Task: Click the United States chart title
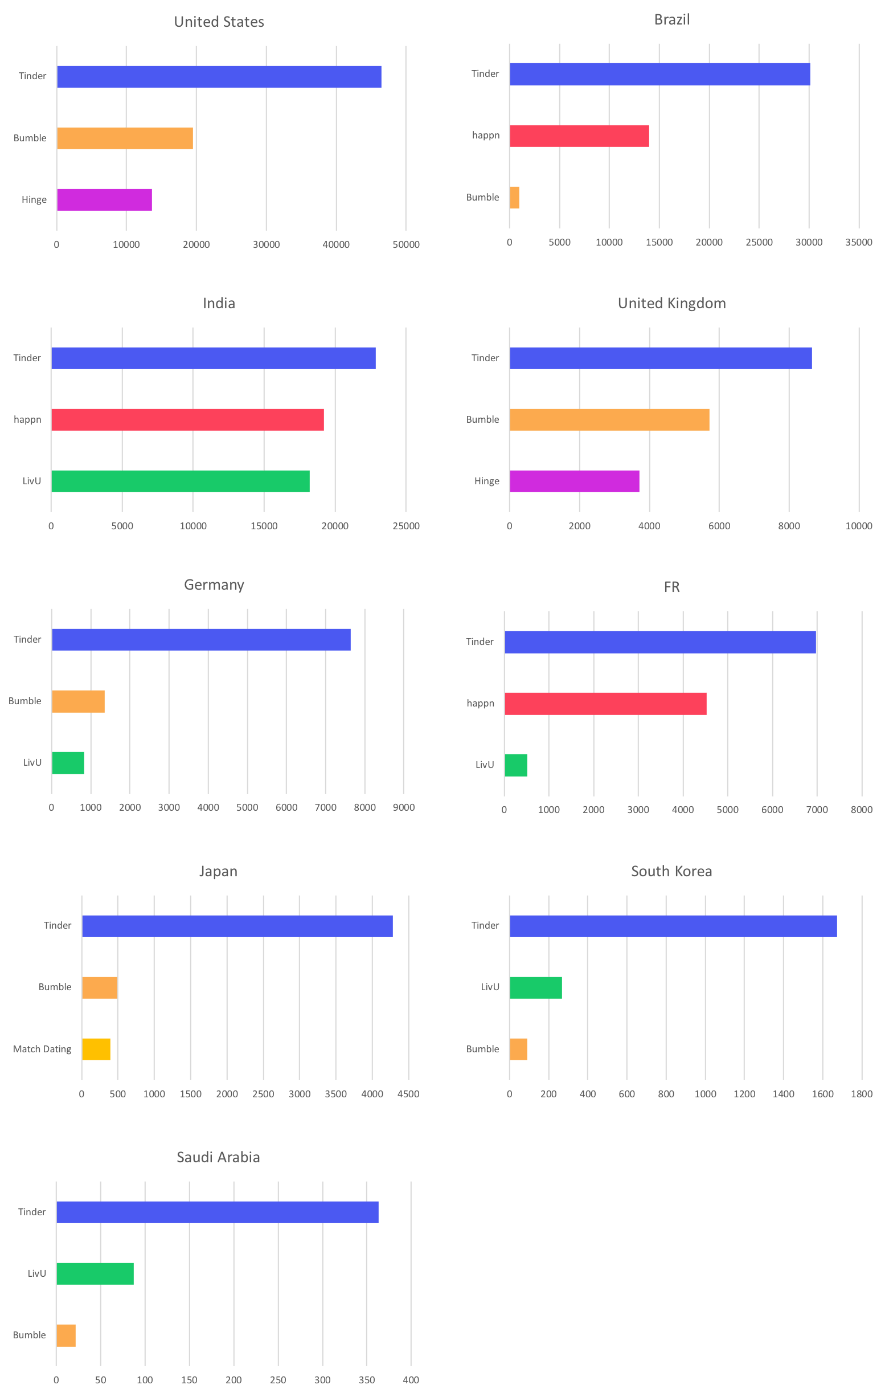(219, 22)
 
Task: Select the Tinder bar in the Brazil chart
(659, 74)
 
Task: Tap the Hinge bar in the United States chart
(104, 199)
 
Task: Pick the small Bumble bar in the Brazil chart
(514, 197)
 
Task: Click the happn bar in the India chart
(187, 419)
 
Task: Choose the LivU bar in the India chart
(181, 481)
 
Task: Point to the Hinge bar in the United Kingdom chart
(575, 481)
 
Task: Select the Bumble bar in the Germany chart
(78, 701)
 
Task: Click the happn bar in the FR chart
(605, 704)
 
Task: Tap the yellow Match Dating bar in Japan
(96, 1049)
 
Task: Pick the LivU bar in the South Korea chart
(536, 987)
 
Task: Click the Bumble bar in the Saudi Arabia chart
(66, 1335)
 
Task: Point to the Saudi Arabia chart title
(218, 1158)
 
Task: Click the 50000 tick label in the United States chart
(406, 244)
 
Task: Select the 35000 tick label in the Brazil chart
(858, 242)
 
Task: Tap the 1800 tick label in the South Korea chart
(861, 1093)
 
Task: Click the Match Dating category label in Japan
(42, 1049)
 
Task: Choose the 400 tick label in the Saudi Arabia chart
(411, 1380)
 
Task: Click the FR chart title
(671, 587)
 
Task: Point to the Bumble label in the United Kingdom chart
(483, 419)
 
